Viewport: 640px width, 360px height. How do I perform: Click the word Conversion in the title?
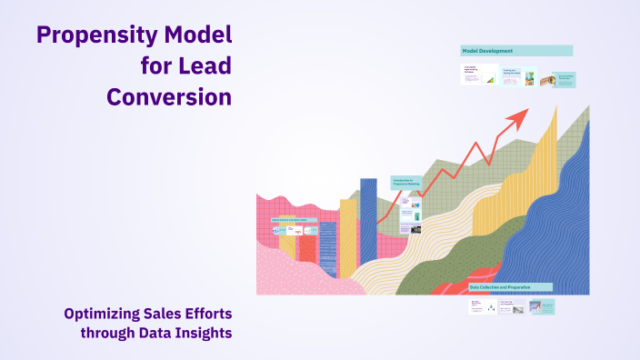click(x=169, y=96)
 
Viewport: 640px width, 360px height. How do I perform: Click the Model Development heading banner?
click(x=516, y=51)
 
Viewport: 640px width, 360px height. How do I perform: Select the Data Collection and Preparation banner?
click(x=509, y=287)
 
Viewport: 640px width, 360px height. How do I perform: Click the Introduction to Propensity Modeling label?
click(x=406, y=182)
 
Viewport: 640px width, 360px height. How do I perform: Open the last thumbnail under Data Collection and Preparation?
click(x=543, y=307)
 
